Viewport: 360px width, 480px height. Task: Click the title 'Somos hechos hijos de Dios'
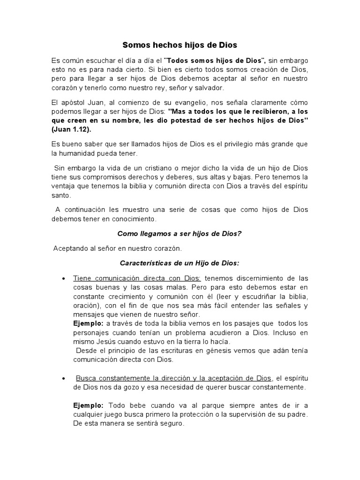pos(180,45)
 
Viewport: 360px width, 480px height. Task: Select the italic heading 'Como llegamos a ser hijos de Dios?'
pos(180,233)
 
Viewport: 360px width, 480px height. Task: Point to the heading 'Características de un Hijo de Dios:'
pos(180,263)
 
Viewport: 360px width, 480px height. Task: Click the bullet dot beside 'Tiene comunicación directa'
pos(63,279)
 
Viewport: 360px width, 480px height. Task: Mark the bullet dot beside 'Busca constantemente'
pos(63,378)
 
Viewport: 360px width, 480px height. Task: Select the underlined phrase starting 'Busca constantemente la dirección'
pos(173,378)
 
